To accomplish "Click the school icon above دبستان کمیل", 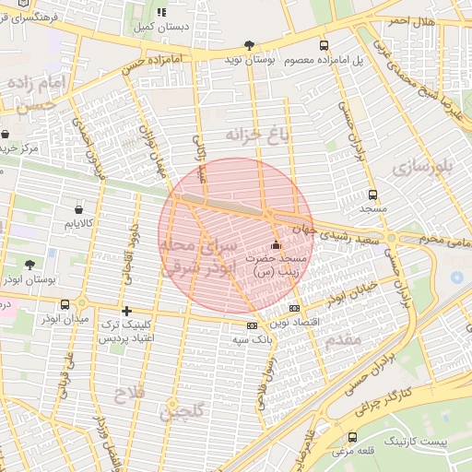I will click(162, 13).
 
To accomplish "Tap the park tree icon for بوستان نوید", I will click(249, 44).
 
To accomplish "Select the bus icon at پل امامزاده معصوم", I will click(323, 44).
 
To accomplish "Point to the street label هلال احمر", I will click(409, 20).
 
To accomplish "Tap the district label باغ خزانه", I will click(252, 135).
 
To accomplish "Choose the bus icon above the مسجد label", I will click(372, 195).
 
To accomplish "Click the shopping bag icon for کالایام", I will click(79, 210).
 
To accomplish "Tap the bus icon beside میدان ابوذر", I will click(65, 304).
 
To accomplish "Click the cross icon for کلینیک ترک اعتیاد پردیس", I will click(126, 311).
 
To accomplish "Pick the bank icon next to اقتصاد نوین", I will click(294, 308).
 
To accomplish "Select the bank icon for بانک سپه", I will click(252, 325).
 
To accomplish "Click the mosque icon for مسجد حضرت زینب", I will click(276, 245).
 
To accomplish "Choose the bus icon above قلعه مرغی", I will click(352, 436).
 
